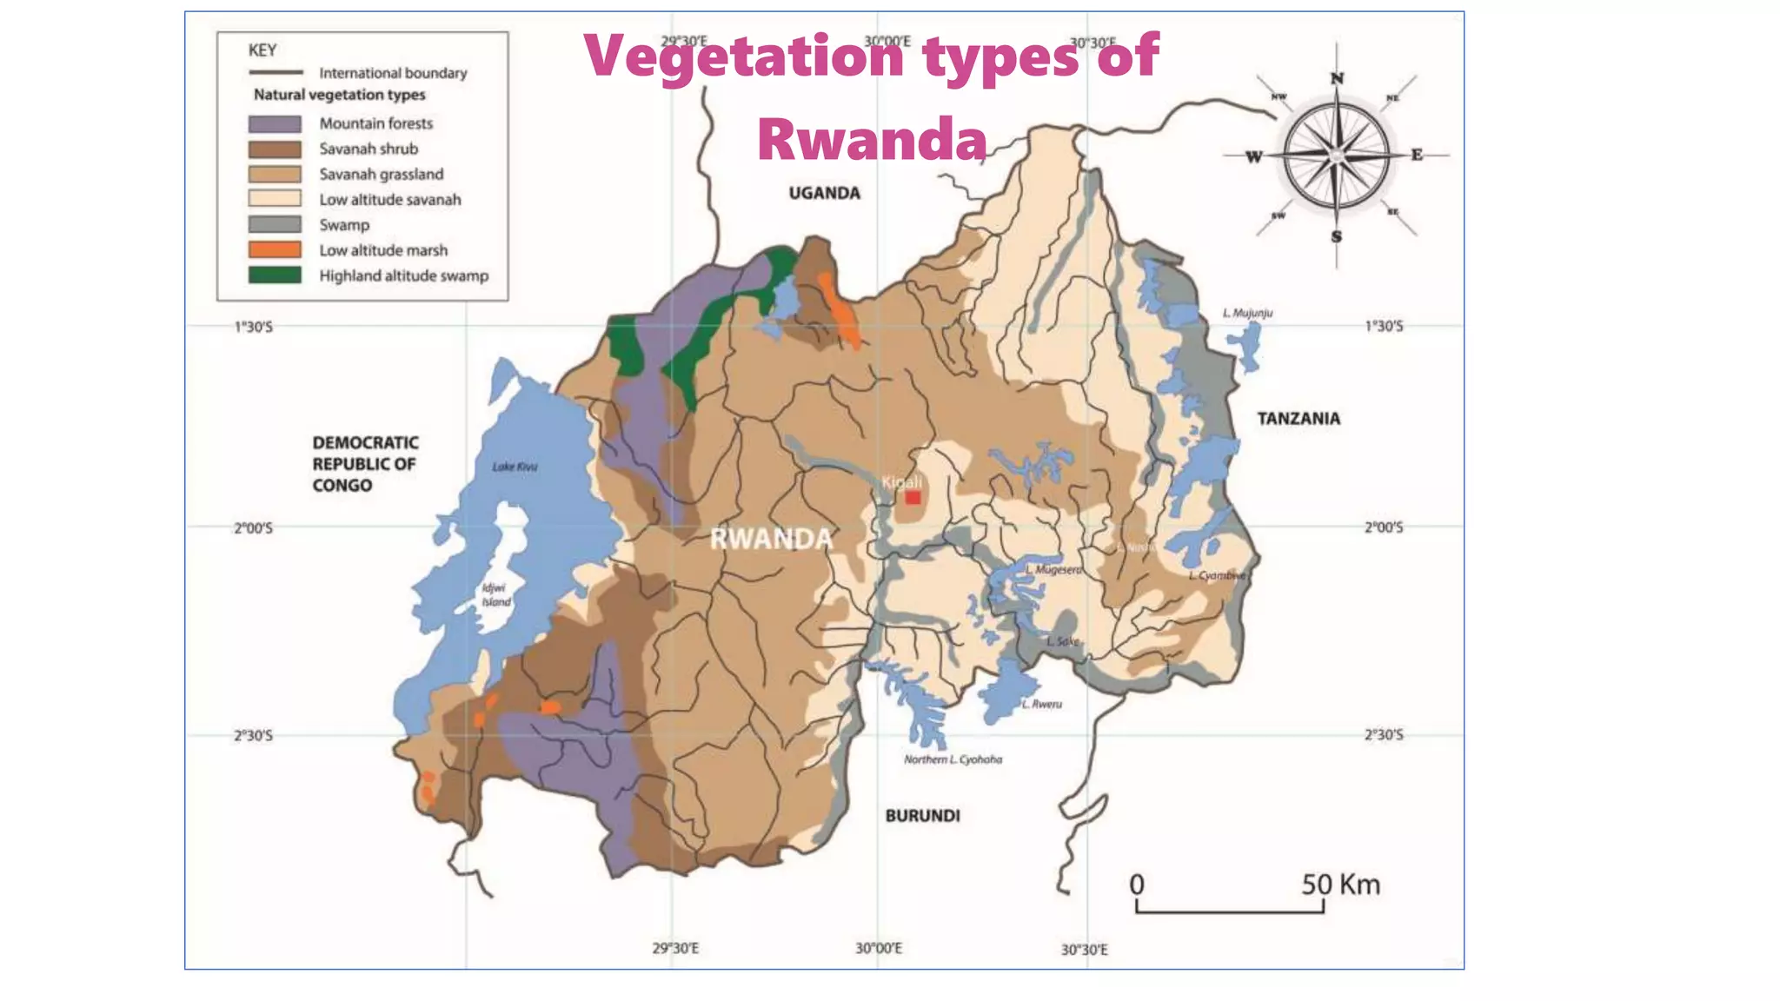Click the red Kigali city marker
coord(913,498)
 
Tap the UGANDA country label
coord(824,193)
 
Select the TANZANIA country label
coord(1298,419)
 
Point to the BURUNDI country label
coord(922,816)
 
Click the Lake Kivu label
coord(515,467)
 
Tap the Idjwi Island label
coord(495,595)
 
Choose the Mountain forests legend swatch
coord(275,124)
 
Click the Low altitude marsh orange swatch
coord(275,250)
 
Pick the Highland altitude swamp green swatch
coord(275,275)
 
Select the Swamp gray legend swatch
coord(275,225)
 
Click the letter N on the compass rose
coord(1337,79)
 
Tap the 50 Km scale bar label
coord(1340,885)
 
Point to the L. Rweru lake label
coord(1041,704)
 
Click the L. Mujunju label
coord(1247,313)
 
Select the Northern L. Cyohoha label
coord(953,759)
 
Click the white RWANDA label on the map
coord(771,539)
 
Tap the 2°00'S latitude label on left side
coord(253,528)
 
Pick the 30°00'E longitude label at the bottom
coord(878,948)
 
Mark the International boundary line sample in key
coord(276,73)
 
